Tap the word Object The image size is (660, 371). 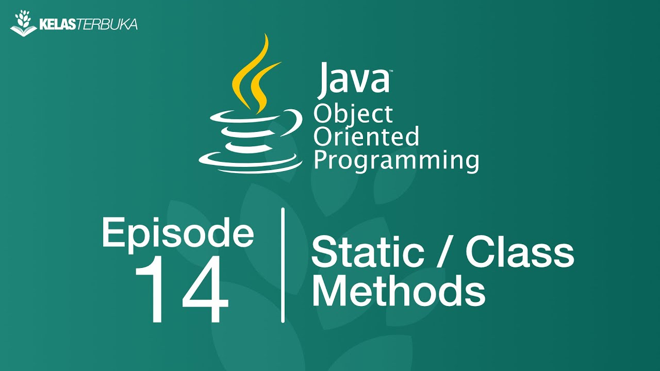pyautogui.click(x=353, y=114)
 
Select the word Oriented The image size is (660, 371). pyautogui.click(x=366, y=137)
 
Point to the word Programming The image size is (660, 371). pyautogui.click(x=396, y=160)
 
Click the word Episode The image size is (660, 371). pyautogui.click(x=178, y=233)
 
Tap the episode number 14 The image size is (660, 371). pyautogui.click(x=181, y=290)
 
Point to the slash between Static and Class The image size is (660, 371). pyautogui.click(x=447, y=252)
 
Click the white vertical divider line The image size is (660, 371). pyautogui.click(x=283, y=265)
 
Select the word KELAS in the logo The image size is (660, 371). pyautogui.click(x=57, y=24)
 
